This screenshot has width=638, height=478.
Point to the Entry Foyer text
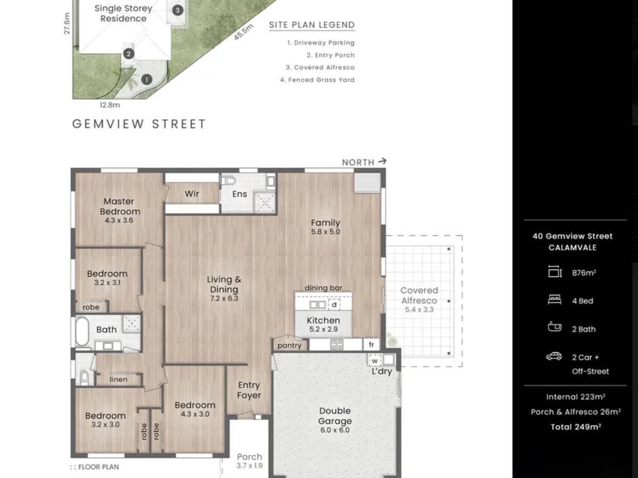(x=249, y=390)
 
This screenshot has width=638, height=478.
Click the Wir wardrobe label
(x=192, y=194)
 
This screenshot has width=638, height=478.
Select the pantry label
(x=289, y=346)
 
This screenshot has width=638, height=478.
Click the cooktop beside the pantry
(x=337, y=344)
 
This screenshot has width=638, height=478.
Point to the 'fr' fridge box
(x=372, y=345)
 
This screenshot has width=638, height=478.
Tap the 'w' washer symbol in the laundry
(x=374, y=360)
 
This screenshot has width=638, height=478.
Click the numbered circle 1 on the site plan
(x=147, y=80)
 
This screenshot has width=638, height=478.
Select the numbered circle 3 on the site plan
(x=178, y=10)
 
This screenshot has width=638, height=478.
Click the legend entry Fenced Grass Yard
(x=317, y=80)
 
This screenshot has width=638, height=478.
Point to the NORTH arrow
(x=364, y=162)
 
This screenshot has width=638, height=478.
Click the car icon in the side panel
(x=553, y=356)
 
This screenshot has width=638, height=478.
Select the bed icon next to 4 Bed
(x=554, y=300)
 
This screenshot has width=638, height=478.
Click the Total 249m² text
(x=576, y=426)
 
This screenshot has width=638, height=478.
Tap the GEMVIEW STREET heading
(x=139, y=124)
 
